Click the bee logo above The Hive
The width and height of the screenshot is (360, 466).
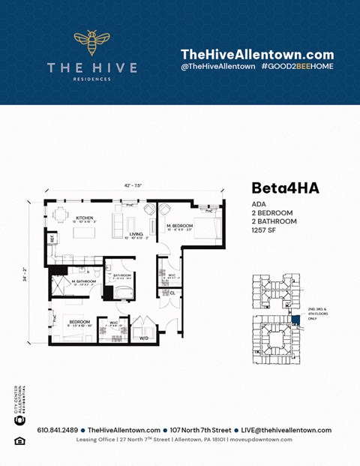pyautogui.click(x=91, y=44)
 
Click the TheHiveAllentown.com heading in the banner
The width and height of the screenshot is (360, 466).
pyautogui.click(x=256, y=54)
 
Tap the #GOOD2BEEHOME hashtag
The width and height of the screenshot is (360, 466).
pyautogui.click(x=298, y=67)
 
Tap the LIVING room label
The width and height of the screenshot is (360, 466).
pyautogui.click(x=136, y=234)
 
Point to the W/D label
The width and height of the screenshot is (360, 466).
pyautogui.click(x=143, y=337)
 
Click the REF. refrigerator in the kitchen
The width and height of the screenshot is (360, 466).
pyautogui.click(x=52, y=239)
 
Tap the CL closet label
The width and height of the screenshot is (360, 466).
pyautogui.click(x=172, y=293)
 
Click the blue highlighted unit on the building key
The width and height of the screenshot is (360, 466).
pyautogui.click(x=295, y=320)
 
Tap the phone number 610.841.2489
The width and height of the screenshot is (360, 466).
pyautogui.click(x=57, y=430)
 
